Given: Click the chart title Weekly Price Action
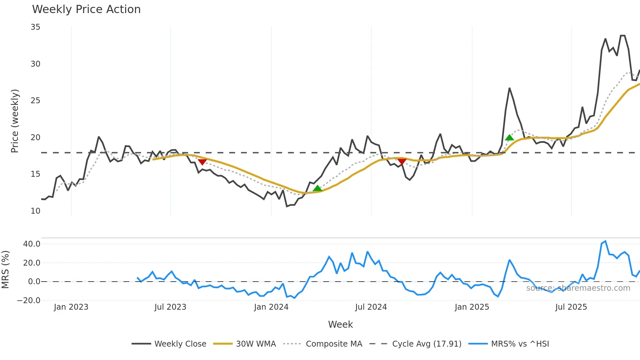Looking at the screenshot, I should coord(86,9).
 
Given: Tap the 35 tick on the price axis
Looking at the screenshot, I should coord(35,27).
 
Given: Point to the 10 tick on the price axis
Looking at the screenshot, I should coord(35,211).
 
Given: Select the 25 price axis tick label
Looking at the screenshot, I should coord(35,101).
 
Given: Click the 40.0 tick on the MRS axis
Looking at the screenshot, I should coord(32,244).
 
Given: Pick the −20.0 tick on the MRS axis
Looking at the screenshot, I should coord(29,301).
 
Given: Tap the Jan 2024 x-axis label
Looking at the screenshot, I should coord(271,307).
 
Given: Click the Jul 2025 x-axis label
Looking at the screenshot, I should coord(571,307).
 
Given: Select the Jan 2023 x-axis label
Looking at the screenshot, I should coord(71,307).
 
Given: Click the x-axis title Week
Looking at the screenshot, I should coord(340,324).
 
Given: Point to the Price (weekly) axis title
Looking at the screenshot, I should coord(15,121).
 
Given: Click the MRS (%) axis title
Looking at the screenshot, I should coord(5,270).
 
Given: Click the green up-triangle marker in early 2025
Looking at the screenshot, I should coord(509,138).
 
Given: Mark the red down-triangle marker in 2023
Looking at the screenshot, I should coord(202,162).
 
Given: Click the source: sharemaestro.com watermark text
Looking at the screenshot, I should coord(578,288).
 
